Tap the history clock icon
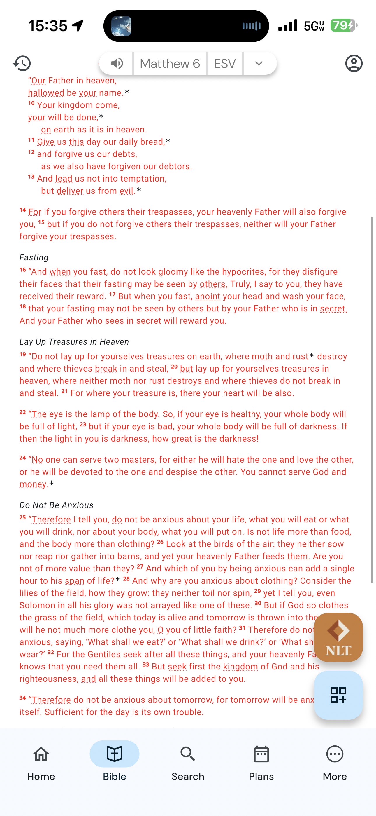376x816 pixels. (22, 63)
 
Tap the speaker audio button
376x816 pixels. (117, 64)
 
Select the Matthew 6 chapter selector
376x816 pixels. (170, 64)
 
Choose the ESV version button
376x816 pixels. (225, 64)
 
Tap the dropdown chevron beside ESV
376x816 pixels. (259, 64)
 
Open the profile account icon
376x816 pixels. (354, 63)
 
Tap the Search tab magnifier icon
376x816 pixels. (188, 754)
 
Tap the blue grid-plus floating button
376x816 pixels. (338, 695)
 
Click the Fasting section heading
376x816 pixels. (34, 257)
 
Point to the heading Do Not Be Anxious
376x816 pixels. (56, 505)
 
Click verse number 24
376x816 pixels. (23, 458)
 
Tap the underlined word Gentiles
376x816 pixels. (104, 654)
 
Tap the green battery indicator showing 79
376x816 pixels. (343, 26)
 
